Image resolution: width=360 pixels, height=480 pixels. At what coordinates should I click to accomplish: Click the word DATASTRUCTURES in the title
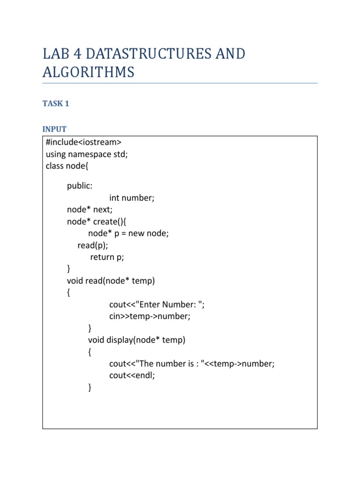pyautogui.click(x=149, y=54)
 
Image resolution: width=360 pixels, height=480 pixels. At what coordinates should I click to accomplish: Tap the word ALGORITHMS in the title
pyautogui.click(x=89, y=72)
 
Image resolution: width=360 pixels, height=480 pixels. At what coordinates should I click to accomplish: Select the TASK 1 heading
pyautogui.click(x=56, y=104)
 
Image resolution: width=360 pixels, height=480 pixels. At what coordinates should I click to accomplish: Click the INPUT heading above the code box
pyautogui.click(x=54, y=129)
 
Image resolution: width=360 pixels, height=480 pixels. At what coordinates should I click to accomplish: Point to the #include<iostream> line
pyautogui.click(x=83, y=142)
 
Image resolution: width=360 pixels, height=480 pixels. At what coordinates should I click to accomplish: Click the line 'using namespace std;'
pyautogui.click(x=87, y=154)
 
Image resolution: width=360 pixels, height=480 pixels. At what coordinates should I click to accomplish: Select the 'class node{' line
pyautogui.click(x=67, y=166)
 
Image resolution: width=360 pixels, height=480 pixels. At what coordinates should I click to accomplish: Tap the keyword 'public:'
pyautogui.click(x=80, y=186)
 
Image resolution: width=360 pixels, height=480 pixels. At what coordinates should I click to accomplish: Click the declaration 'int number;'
pyautogui.click(x=132, y=198)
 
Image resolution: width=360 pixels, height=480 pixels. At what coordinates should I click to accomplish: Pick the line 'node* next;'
pyautogui.click(x=90, y=210)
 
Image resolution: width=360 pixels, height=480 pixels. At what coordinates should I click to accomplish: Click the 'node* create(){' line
pyautogui.click(x=97, y=222)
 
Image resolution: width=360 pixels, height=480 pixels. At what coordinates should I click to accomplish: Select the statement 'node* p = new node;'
pyautogui.click(x=128, y=233)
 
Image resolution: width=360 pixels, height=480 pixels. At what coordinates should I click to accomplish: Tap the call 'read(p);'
pyautogui.click(x=93, y=246)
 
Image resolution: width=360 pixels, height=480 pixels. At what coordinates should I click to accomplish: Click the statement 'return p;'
pyautogui.click(x=107, y=257)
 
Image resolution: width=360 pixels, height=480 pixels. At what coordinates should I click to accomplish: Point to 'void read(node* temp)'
pyautogui.click(x=111, y=281)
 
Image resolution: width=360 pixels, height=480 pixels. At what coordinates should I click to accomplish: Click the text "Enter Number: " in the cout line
pyautogui.click(x=169, y=305)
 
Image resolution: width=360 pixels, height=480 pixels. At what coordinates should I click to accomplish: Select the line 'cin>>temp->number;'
pyautogui.click(x=150, y=316)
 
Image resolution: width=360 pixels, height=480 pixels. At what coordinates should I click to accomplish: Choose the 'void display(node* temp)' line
pyautogui.click(x=136, y=340)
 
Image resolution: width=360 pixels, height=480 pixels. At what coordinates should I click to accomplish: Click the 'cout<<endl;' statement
pyautogui.click(x=132, y=375)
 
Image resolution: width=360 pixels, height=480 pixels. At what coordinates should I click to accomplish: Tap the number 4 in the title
pyautogui.click(x=77, y=54)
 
